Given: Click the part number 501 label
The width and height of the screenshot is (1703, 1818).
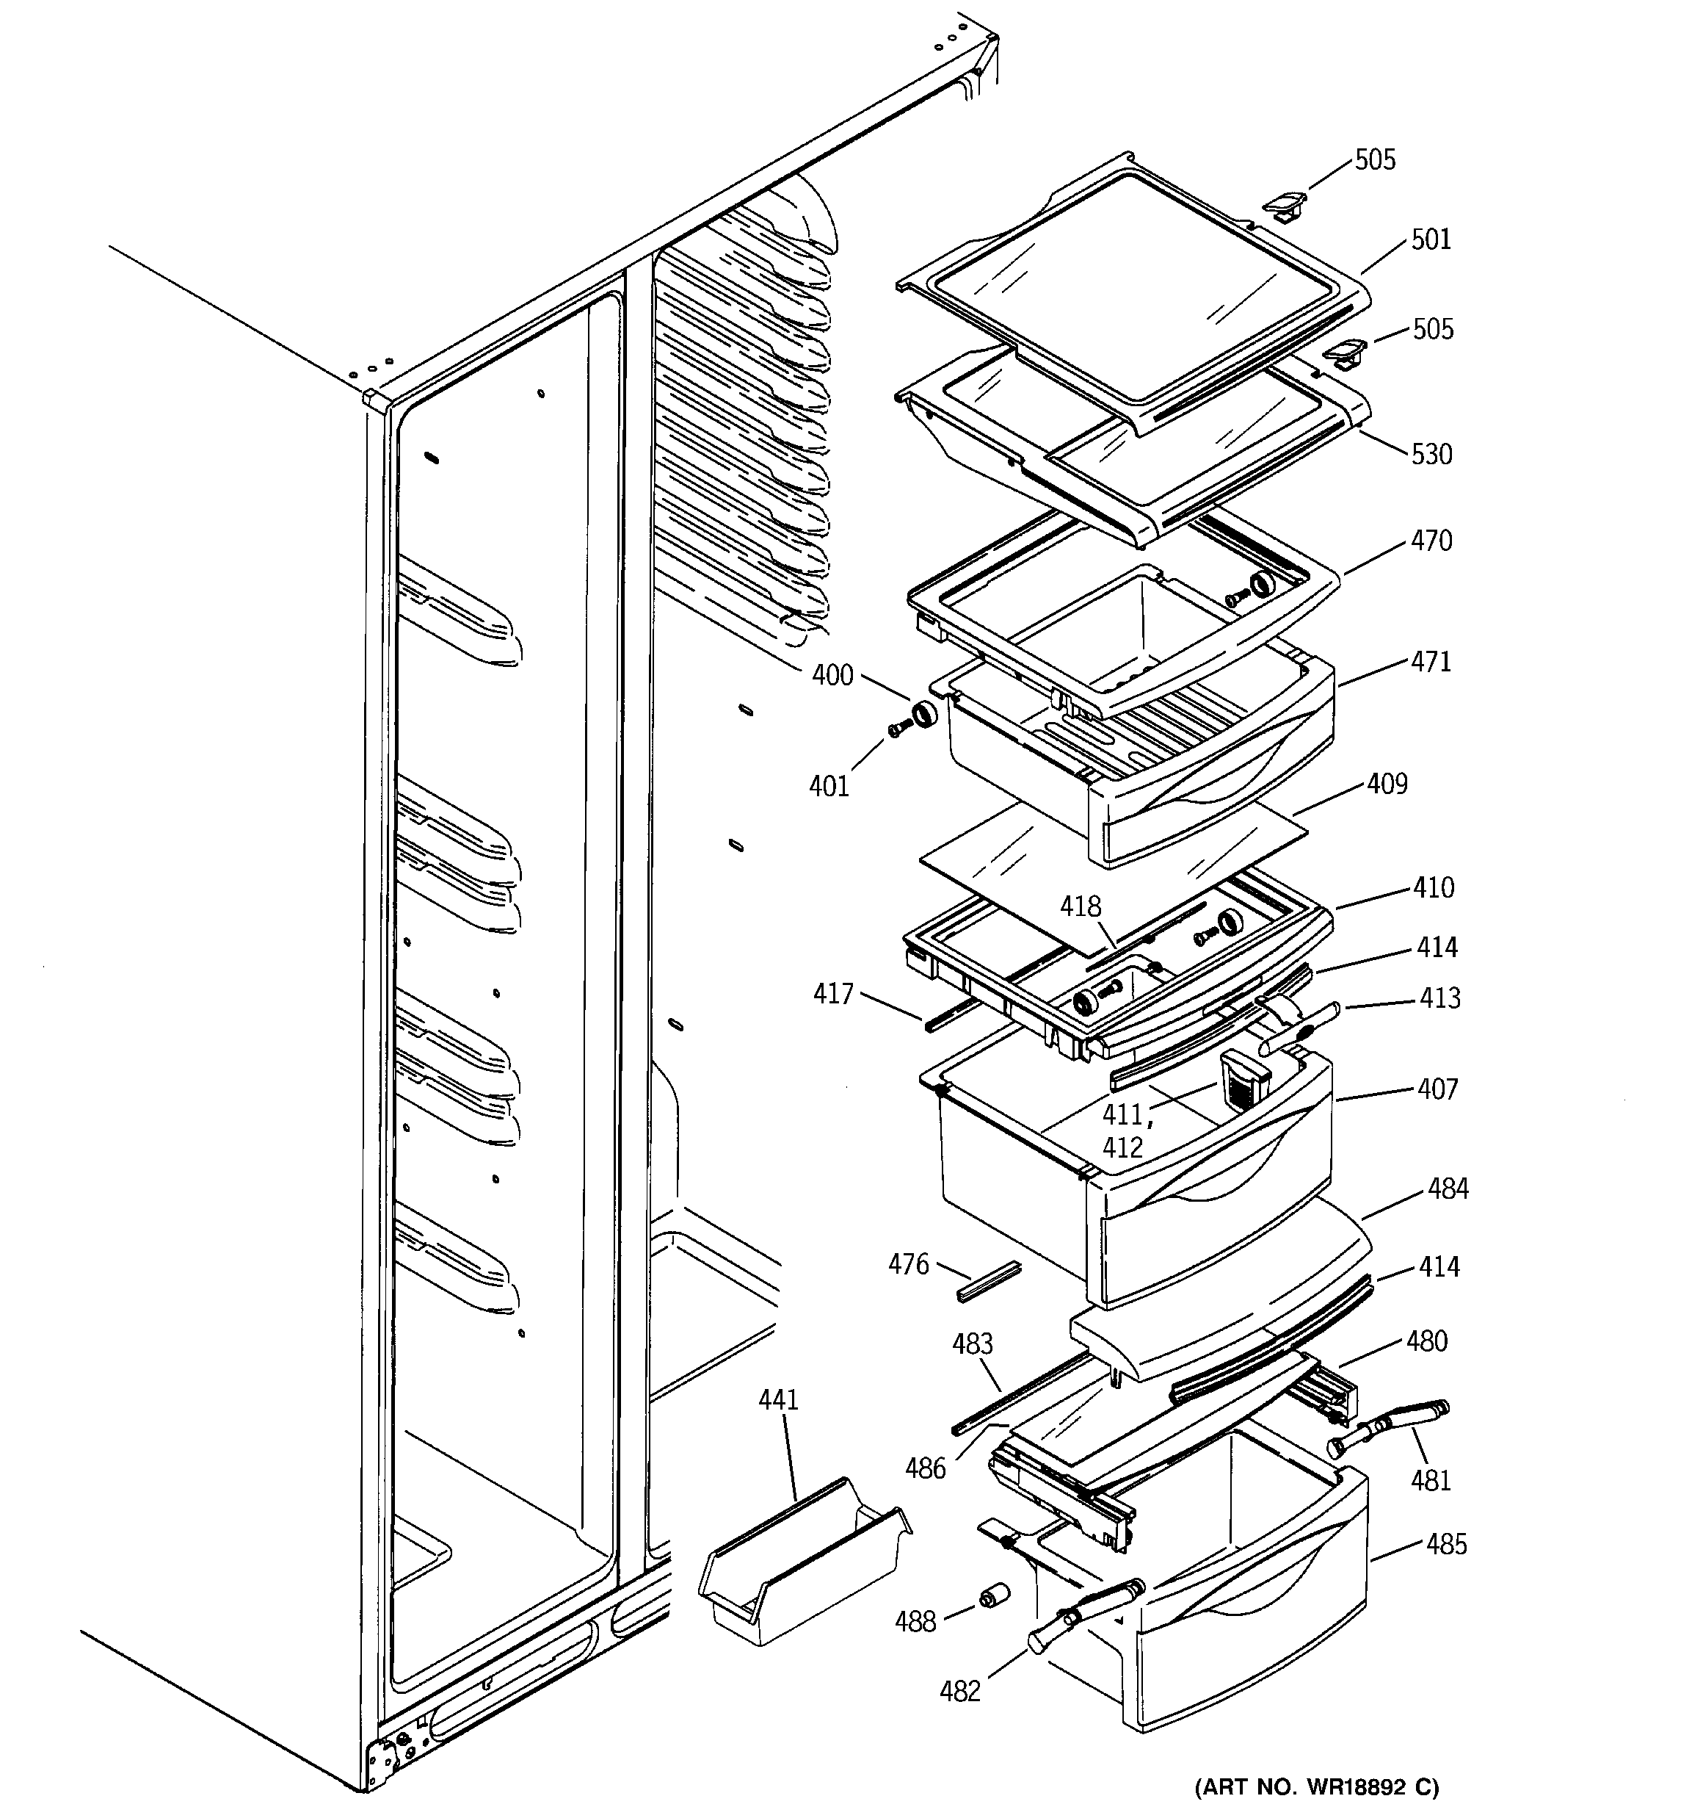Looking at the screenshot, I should pyautogui.click(x=1431, y=239).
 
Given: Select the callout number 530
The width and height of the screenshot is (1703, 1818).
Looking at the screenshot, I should pyautogui.click(x=1431, y=454).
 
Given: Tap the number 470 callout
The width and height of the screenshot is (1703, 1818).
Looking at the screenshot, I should pyautogui.click(x=1431, y=541).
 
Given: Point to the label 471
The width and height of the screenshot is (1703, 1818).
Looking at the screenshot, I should pyautogui.click(x=1431, y=661).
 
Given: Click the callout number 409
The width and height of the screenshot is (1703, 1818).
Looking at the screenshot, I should pyautogui.click(x=1387, y=784).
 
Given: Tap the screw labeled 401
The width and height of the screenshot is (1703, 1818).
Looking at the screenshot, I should pyautogui.click(x=898, y=729).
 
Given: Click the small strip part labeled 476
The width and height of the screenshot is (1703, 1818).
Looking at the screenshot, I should pyautogui.click(x=987, y=1281).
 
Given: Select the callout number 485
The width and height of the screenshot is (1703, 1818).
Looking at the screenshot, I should pyautogui.click(x=1446, y=1545).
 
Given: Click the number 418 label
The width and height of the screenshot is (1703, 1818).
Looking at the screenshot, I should pyautogui.click(x=1081, y=906).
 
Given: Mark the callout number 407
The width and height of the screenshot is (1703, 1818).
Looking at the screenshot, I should pyautogui.click(x=1437, y=1089).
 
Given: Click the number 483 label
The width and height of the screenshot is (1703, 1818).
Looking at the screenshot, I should pyautogui.click(x=972, y=1343).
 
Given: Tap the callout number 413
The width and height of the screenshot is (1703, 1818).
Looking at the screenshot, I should pyautogui.click(x=1439, y=998).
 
